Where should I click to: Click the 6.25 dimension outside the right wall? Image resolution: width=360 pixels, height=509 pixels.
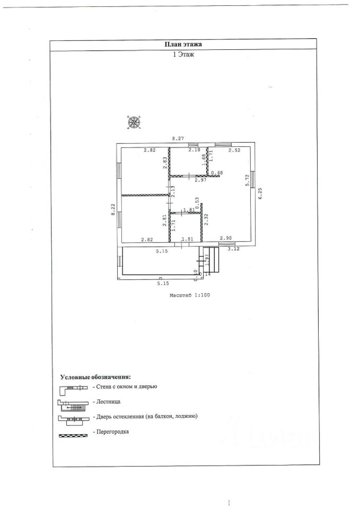pyautogui.click(x=260, y=195)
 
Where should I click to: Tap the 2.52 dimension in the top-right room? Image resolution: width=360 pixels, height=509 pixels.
pyautogui.click(x=234, y=151)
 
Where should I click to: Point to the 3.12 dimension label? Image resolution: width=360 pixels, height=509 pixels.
pyautogui.click(x=233, y=248)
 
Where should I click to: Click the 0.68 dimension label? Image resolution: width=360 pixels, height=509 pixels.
pyautogui.click(x=217, y=173)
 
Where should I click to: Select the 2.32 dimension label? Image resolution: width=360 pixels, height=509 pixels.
pyautogui.click(x=206, y=220)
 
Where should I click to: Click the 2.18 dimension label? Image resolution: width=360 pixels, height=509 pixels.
pyautogui.click(x=195, y=151)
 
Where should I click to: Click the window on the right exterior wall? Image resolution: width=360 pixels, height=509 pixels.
pyautogui.click(x=253, y=179)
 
